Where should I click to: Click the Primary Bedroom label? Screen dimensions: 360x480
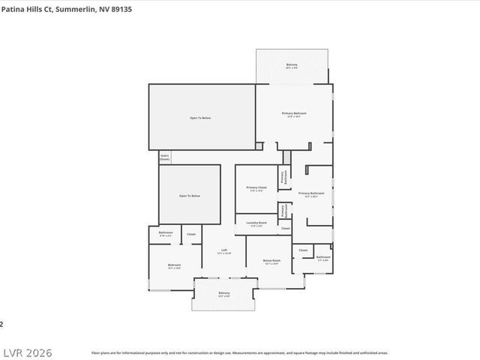click(x=294, y=115)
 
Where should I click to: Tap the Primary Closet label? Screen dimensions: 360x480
click(x=256, y=188)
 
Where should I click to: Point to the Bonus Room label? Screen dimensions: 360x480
click(x=271, y=262)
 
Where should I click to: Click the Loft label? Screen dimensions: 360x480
click(x=223, y=252)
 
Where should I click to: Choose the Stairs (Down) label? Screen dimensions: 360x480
click(x=164, y=157)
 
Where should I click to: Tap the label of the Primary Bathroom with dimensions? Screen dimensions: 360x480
click(x=310, y=194)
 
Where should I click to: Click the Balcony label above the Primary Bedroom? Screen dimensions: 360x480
click(x=291, y=66)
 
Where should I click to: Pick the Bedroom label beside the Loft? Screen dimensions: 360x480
click(x=174, y=266)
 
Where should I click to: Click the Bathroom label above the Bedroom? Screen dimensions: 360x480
click(x=166, y=234)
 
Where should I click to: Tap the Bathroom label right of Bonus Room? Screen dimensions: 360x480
click(x=323, y=258)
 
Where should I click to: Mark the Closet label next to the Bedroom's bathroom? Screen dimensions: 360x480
click(x=191, y=235)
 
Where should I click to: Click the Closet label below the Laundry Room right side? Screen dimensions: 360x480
click(x=285, y=229)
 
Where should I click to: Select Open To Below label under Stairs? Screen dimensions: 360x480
click(x=189, y=196)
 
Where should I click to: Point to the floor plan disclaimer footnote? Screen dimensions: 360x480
click(x=239, y=352)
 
